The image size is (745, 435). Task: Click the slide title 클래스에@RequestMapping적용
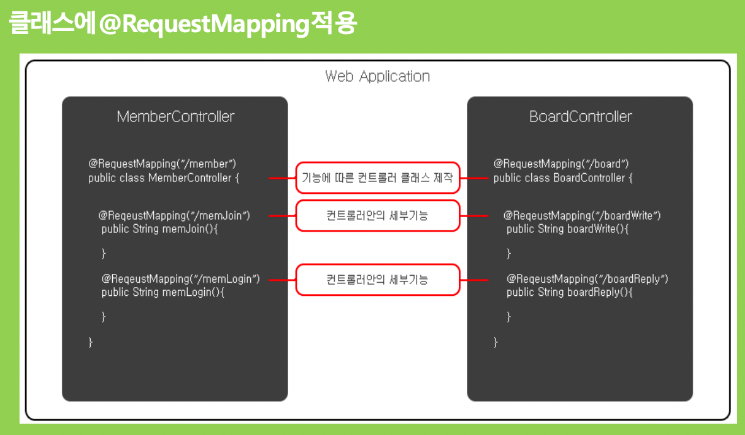click(183, 24)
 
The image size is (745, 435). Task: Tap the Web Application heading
click(377, 76)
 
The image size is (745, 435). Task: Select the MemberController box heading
click(175, 116)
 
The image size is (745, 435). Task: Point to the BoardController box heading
click(580, 116)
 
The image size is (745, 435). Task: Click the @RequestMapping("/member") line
click(163, 164)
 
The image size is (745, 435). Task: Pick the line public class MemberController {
click(164, 178)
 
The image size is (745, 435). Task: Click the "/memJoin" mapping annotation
click(175, 215)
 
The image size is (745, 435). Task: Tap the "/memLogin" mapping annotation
click(181, 278)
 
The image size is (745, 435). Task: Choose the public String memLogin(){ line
click(163, 292)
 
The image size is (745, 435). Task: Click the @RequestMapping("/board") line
click(561, 164)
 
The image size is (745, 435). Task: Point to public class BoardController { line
click(563, 178)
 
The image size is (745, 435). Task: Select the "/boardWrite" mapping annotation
click(582, 215)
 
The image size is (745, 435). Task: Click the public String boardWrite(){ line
click(567, 229)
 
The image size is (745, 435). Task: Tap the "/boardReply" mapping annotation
click(587, 278)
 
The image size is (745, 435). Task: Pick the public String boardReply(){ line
click(569, 292)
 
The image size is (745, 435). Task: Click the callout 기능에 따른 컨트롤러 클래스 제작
click(378, 178)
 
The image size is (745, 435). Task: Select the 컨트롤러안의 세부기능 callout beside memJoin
click(378, 215)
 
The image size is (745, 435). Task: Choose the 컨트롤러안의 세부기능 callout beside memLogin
click(378, 279)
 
